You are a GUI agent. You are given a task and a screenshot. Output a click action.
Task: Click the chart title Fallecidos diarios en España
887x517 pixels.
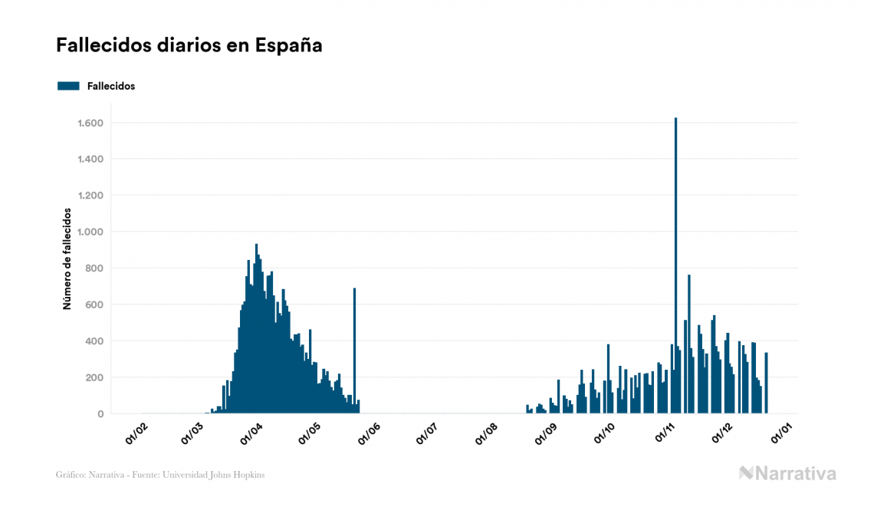pos(189,45)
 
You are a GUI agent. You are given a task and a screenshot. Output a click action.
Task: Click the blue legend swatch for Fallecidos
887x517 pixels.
pos(68,86)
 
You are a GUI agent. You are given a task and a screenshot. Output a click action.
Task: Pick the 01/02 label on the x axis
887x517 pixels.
pos(137,433)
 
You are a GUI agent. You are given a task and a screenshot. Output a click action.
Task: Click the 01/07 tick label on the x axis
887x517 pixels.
pos(427,433)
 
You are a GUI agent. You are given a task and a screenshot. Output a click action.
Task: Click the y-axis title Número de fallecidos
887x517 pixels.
pos(67,258)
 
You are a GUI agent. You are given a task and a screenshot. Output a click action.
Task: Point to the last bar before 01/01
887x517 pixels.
pos(766,383)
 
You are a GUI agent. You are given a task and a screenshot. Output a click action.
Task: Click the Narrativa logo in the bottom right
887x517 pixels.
pos(787,473)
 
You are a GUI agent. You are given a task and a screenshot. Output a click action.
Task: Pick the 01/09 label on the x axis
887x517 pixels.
pos(545,433)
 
